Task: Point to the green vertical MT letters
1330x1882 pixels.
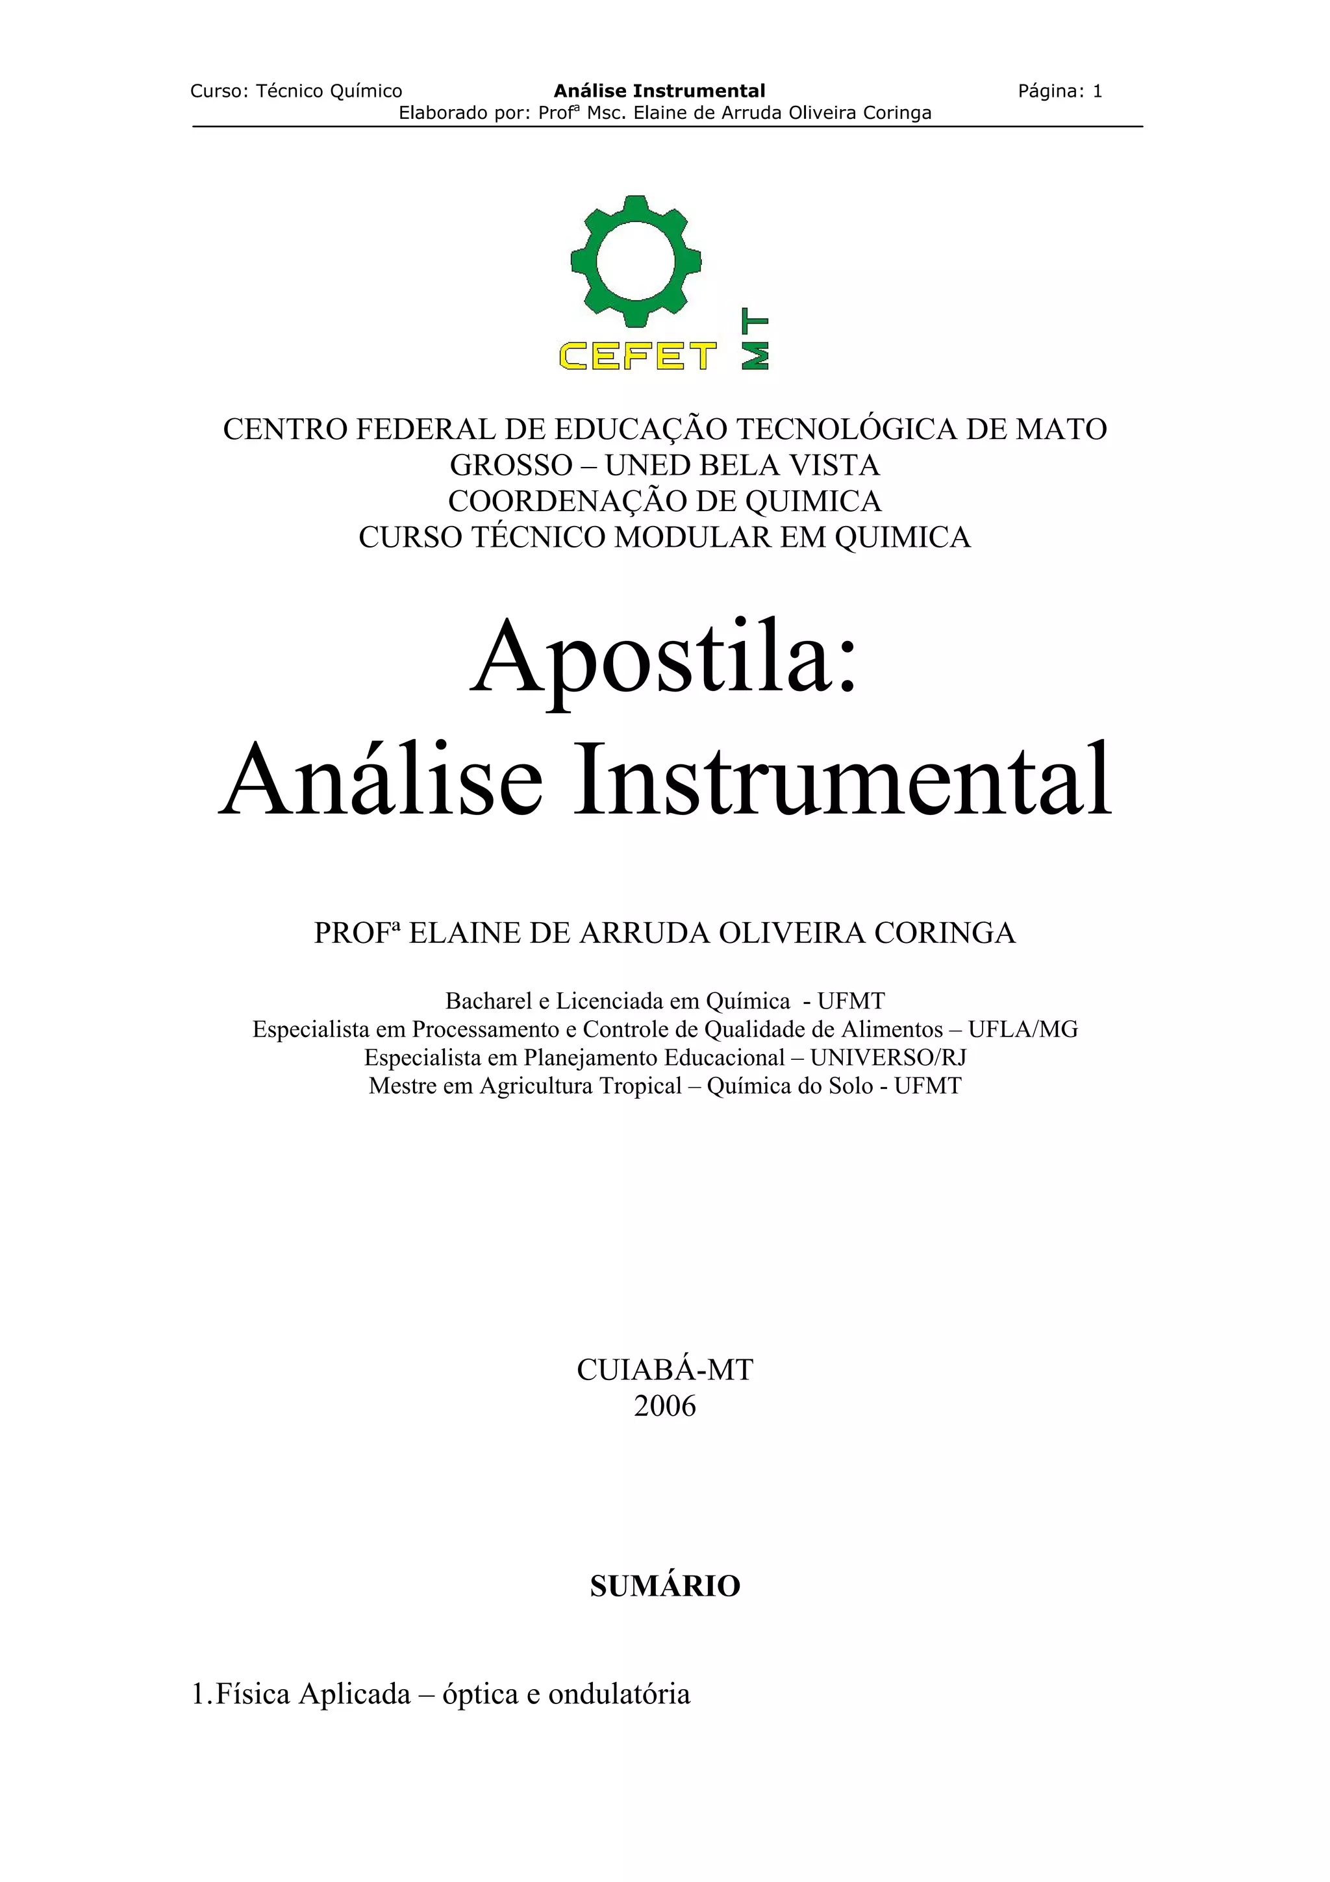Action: click(755, 341)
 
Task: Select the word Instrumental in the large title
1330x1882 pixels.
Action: click(842, 779)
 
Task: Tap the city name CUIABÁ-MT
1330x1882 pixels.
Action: click(664, 1369)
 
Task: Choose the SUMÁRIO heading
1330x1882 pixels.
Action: click(664, 1586)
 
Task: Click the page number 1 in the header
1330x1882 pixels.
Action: click(1098, 91)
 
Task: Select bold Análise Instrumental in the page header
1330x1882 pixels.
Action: click(660, 91)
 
